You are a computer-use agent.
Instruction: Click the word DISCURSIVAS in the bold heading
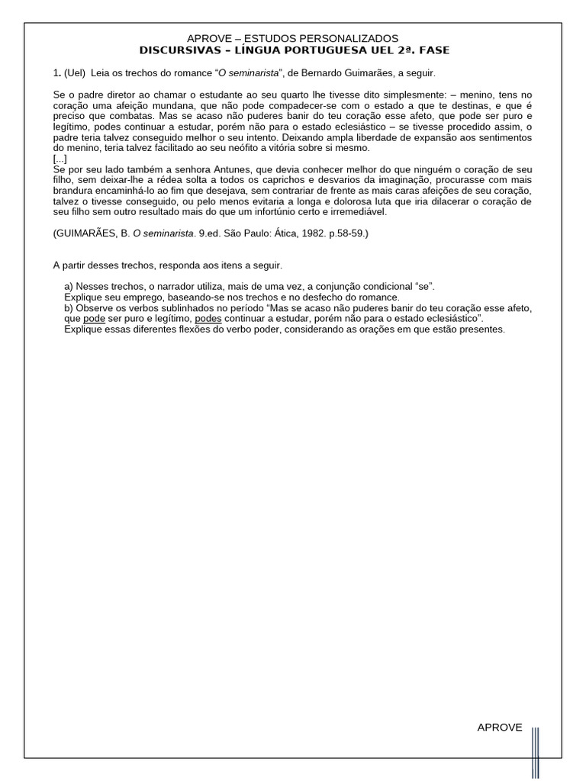coord(172,50)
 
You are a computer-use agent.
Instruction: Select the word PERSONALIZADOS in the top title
coord(355,38)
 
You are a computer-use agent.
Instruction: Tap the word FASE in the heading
coord(433,50)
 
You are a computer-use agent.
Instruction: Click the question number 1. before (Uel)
coord(56,73)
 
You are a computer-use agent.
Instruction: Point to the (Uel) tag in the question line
coord(75,73)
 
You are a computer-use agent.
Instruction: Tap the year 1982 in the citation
coord(293,233)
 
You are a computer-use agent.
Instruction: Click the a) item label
coord(69,286)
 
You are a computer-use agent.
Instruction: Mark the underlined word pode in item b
coord(94,318)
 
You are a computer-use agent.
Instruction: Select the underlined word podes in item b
coord(208,318)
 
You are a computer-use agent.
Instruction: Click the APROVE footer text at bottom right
coord(500,727)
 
